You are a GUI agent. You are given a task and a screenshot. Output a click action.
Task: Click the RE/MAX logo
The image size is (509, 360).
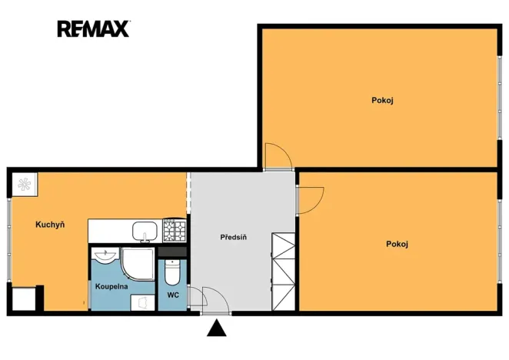point(94,28)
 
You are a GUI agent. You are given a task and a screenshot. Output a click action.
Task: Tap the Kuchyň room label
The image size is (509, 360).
point(50,225)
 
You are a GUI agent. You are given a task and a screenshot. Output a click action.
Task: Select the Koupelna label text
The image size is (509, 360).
point(111,287)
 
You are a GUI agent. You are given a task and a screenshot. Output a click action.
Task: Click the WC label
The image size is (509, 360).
point(173,295)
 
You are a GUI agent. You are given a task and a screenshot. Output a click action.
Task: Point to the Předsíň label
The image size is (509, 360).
point(234,237)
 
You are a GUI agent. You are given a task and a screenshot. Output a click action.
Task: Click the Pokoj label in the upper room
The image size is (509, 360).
point(382,101)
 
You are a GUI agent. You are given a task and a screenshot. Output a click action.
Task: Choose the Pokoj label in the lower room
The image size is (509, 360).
point(397,244)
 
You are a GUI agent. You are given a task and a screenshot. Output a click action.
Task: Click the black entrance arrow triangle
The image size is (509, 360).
point(217,328)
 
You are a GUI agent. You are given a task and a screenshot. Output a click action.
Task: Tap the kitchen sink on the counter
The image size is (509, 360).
point(145,232)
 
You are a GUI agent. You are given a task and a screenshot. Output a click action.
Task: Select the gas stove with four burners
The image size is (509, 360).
point(175,231)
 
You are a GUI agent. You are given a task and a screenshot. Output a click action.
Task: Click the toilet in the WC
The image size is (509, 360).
point(172,272)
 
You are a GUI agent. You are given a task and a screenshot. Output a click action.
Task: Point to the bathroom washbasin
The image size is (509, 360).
point(105,255)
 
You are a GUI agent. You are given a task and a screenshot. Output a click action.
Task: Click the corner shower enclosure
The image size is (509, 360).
point(138,264)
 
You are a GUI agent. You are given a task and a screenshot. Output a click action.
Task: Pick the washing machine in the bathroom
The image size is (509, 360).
point(143,303)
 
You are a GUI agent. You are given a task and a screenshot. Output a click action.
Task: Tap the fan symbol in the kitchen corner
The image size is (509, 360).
point(25,185)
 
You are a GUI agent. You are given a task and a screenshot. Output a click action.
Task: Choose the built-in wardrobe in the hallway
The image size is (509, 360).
point(284,272)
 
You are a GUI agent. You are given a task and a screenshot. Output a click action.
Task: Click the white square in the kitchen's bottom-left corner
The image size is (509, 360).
point(23,299)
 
